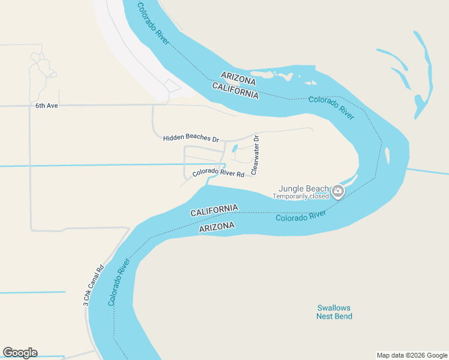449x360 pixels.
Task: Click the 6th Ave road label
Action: click(x=46, y=106)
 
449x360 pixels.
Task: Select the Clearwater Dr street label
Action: click(x=255, y=155)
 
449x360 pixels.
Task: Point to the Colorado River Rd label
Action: click(x=218, y=174)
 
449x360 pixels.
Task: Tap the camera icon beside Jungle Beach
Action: click(x=338, y=191)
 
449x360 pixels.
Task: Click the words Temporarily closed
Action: click(x=301, y=196)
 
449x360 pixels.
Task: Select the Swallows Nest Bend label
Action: click(x=334, y=312)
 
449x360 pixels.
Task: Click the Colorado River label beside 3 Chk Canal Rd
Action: click(x=120, y=282)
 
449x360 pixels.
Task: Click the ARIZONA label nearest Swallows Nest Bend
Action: click(x=216, y=227)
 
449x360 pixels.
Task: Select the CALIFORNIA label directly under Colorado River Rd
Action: click(x=214, y=211)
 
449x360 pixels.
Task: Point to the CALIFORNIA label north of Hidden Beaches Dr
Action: click(x=235, y=91)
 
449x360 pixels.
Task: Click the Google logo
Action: click(x=20, y=353)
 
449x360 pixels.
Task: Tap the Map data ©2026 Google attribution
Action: click(x=412, y=355)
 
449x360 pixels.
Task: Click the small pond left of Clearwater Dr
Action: click(x=235, y=149)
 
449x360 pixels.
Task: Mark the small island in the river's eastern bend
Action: click(x=388, y=156)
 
